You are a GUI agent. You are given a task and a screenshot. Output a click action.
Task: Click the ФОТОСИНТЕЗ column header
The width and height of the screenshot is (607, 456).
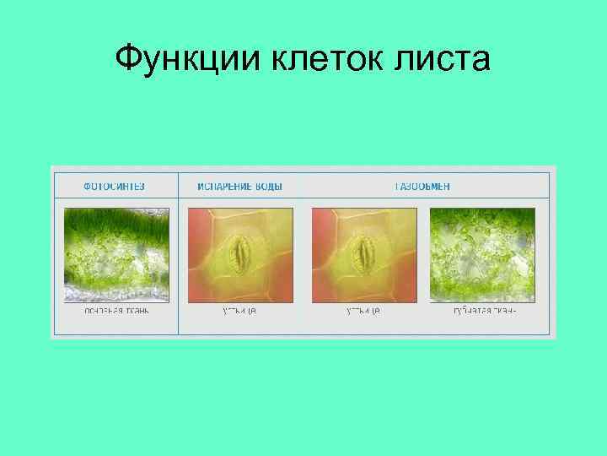pos(114,186)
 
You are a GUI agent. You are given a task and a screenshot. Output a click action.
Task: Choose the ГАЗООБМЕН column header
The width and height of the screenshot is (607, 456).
pos(422,186)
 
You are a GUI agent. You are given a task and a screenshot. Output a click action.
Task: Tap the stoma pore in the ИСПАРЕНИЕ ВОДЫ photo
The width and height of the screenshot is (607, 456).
pos(242,252)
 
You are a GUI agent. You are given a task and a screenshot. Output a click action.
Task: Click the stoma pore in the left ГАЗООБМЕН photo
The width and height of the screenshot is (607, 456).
pos(366,252)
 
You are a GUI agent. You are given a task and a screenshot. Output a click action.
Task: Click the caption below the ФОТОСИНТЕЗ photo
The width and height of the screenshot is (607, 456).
pos(116,312)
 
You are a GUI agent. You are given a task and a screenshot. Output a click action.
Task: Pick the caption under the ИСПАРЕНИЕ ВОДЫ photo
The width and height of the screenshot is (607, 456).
pos(239,312)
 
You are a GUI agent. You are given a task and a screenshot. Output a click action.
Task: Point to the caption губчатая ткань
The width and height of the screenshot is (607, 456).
pos(484,312)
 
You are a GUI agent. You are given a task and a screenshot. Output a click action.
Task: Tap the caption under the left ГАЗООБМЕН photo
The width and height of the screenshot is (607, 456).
pos(363,312)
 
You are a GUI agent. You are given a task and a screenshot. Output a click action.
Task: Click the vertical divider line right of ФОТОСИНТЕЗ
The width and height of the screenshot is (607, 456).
pos(179,253)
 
